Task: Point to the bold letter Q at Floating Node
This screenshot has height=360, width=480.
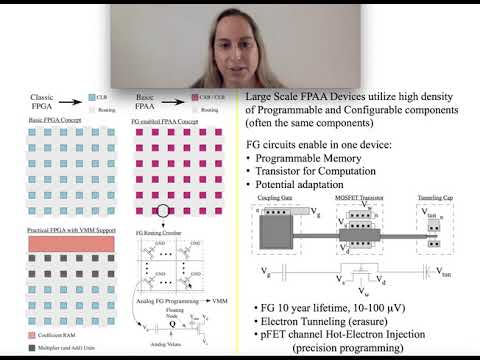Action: pyautogui.click(x=173, y=323)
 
